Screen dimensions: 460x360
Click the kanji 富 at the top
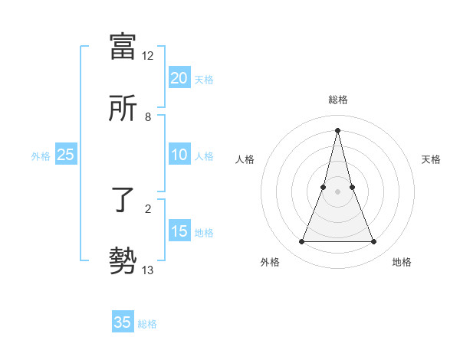click(123, 47)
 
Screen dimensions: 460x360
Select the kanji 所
click(123, 108)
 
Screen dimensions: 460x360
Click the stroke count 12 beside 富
click(148, 56)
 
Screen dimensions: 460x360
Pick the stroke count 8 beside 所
click(148, 117)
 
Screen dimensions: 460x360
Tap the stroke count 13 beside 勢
click(148, 270)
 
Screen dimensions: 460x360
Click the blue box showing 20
click(179, 78)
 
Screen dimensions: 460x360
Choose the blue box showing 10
click(179, 155)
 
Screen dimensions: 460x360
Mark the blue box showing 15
click(179, 231)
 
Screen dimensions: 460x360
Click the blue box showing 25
click(66, 155)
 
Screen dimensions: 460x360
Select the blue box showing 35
click(123, 322)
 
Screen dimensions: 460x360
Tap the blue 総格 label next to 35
click(147, 324)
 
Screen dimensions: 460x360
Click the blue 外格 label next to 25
click(41, 156)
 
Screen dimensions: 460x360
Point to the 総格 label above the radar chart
click(337, 100)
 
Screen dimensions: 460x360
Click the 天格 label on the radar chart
click(431, 159)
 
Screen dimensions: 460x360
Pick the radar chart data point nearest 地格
click(373, 242)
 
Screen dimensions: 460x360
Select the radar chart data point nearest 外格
click(301, 242)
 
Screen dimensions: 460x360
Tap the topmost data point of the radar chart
click(337, 130)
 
